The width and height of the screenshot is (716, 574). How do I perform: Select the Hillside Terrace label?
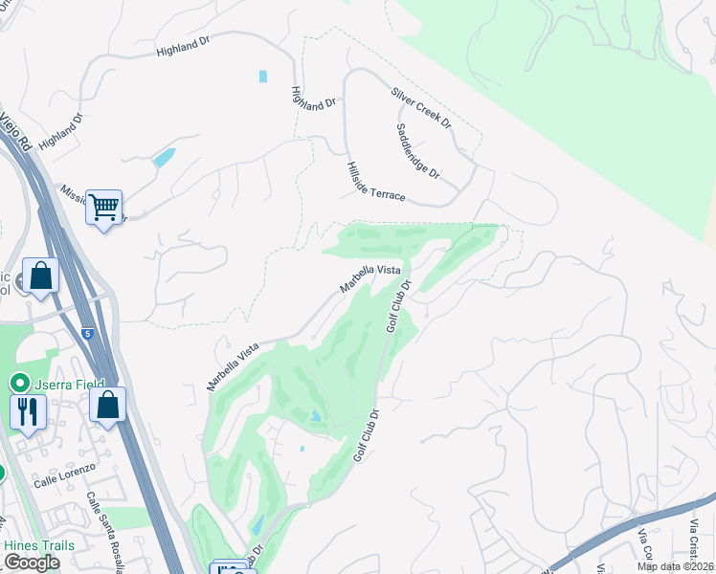pyautogui.click(x=376, y=182)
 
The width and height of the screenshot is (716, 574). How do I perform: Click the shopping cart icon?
pyautogui.click(x=103, y=206)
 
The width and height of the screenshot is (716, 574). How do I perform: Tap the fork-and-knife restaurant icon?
pyautogui.click(x=28, y=411)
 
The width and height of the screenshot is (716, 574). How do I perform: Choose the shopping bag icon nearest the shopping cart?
pyautogui.click(x=41, y=275)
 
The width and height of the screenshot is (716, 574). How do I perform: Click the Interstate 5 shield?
pyautogui.click(x=88, y=334)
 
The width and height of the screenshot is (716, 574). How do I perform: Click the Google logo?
pyautogui.click(x=31, y=563)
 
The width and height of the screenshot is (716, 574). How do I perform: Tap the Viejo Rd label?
pyautogui.click(x=16, y=132)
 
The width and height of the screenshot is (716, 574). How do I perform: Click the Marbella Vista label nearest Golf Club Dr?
pyautogui.click(x=369, y=280)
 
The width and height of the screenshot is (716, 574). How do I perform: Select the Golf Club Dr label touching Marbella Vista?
pyautogui.click(x=399, y=306)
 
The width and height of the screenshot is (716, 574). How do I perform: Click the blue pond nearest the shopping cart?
pyautogui.click(x=164, y=157)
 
